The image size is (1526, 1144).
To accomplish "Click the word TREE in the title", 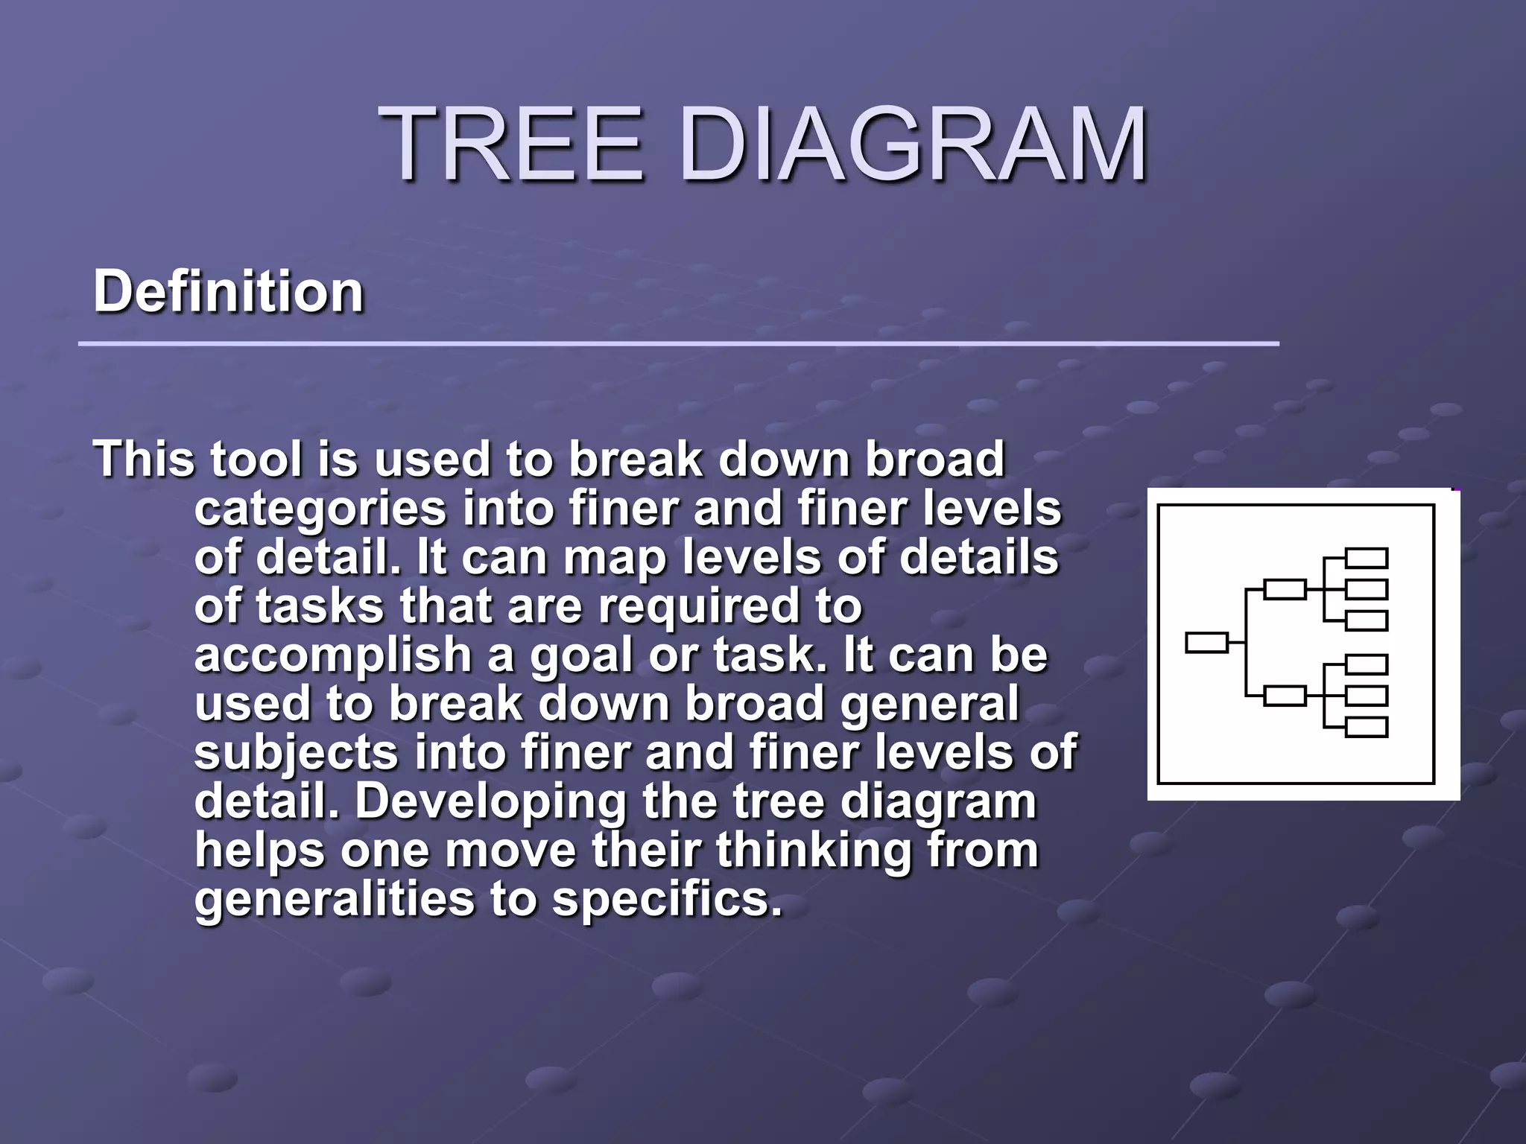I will click(x=513, y=143).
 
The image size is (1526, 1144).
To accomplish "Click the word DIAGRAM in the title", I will click(x=914, y=143).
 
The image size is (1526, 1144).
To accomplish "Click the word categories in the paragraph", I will click(x=320, y=509).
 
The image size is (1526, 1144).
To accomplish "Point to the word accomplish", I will click(x=332, y=655).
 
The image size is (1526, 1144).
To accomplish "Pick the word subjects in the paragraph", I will click(x=297, y=752).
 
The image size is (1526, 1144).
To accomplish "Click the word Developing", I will click(x=491, y=802).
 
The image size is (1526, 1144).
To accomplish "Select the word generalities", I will click(x=334, y=899).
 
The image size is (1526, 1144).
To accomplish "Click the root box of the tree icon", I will click(x=1206, y=642).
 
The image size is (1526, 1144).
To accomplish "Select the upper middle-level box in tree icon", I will click(x=1285, y=589).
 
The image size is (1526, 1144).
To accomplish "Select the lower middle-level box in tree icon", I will click(x=1285, y=696).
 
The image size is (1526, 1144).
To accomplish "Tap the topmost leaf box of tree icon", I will click(x=1367, y=558).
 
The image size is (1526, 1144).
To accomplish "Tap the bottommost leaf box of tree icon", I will click(x=1367, y=727).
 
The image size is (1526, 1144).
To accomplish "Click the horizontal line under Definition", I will click(x=678, y=344).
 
